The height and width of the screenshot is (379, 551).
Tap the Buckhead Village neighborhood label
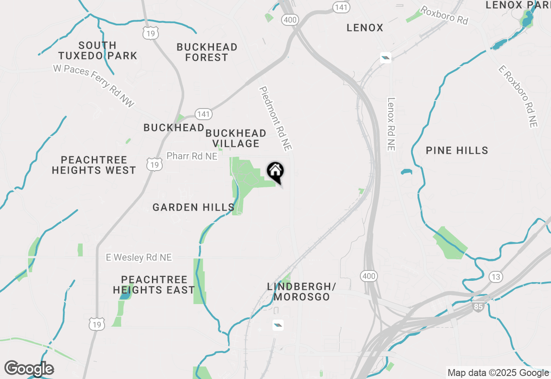(235, 138)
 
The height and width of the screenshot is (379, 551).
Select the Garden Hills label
(193, 208)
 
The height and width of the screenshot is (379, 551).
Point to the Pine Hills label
(457, 150)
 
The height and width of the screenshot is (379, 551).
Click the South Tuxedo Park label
(98, 50)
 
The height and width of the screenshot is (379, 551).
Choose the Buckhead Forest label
(207, 52)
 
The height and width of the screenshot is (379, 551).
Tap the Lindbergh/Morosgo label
(301, 292)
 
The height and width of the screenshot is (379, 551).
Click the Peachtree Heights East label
(154, 285)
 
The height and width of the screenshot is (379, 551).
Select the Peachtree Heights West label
(94, 165)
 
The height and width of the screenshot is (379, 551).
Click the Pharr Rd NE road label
(192, 156)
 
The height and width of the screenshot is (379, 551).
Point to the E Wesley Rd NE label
(139, 257)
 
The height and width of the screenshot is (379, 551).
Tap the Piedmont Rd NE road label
(275, 118)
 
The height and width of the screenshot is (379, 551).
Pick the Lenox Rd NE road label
(391, 124)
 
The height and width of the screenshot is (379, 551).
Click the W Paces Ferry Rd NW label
(94, 85)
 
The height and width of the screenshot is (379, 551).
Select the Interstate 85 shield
(478, 307)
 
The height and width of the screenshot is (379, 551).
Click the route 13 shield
(496, 276)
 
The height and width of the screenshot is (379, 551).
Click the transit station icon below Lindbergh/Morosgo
(278, 325)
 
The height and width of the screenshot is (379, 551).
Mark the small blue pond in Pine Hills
(406, 172)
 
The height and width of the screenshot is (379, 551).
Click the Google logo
(29, 369)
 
